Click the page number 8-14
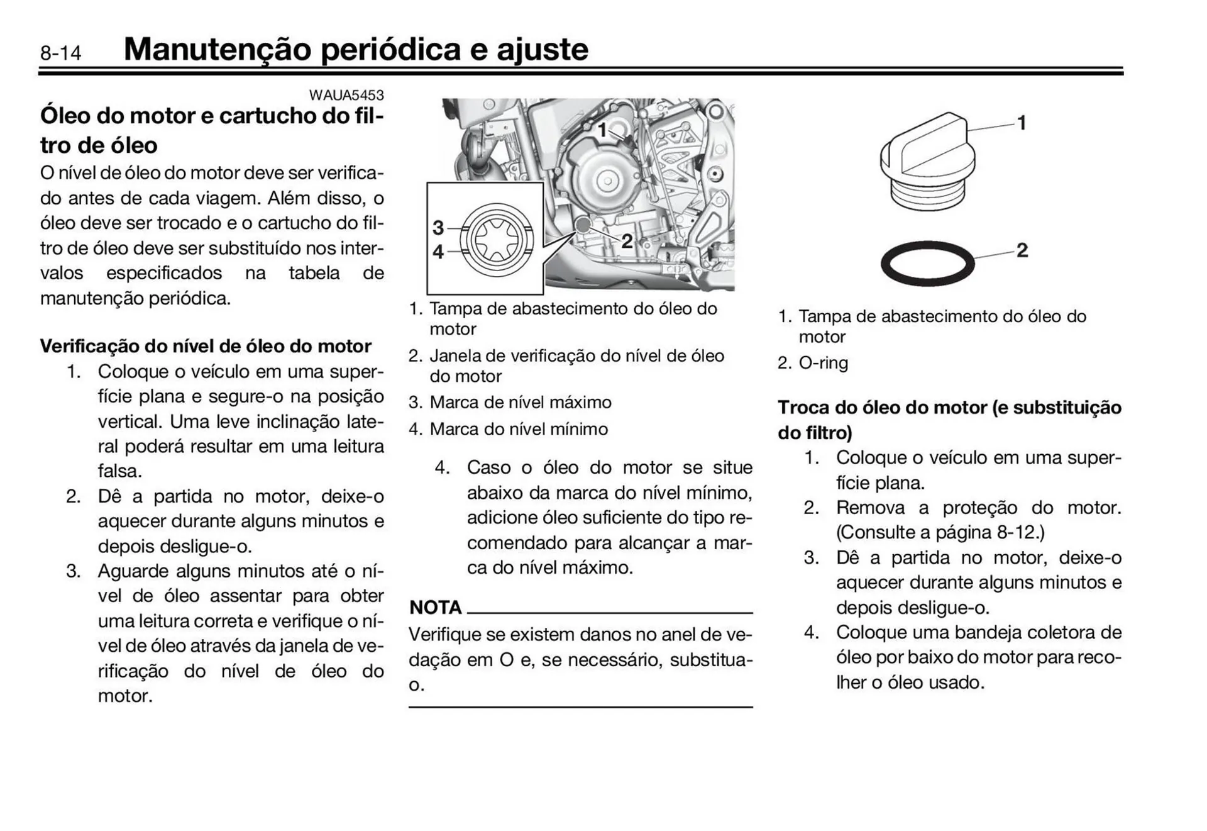[x=60, y=53]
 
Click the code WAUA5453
[x=346, y=95]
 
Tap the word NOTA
[x=435, y=608]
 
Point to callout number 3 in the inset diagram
[x=438, y=228]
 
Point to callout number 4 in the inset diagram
[x=438, y=252]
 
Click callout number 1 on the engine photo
[x=602, y=130]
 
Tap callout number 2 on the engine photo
[x=627, y=241]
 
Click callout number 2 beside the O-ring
[x=1022, y=250]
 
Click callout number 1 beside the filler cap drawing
[x=1022, y=123]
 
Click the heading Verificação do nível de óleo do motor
[x=206, y=347]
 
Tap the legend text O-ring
[x=823, y=363]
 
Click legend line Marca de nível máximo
[x=520, y=403]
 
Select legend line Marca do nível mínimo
[x=519, y=430]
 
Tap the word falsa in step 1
[x=119, y=471]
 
